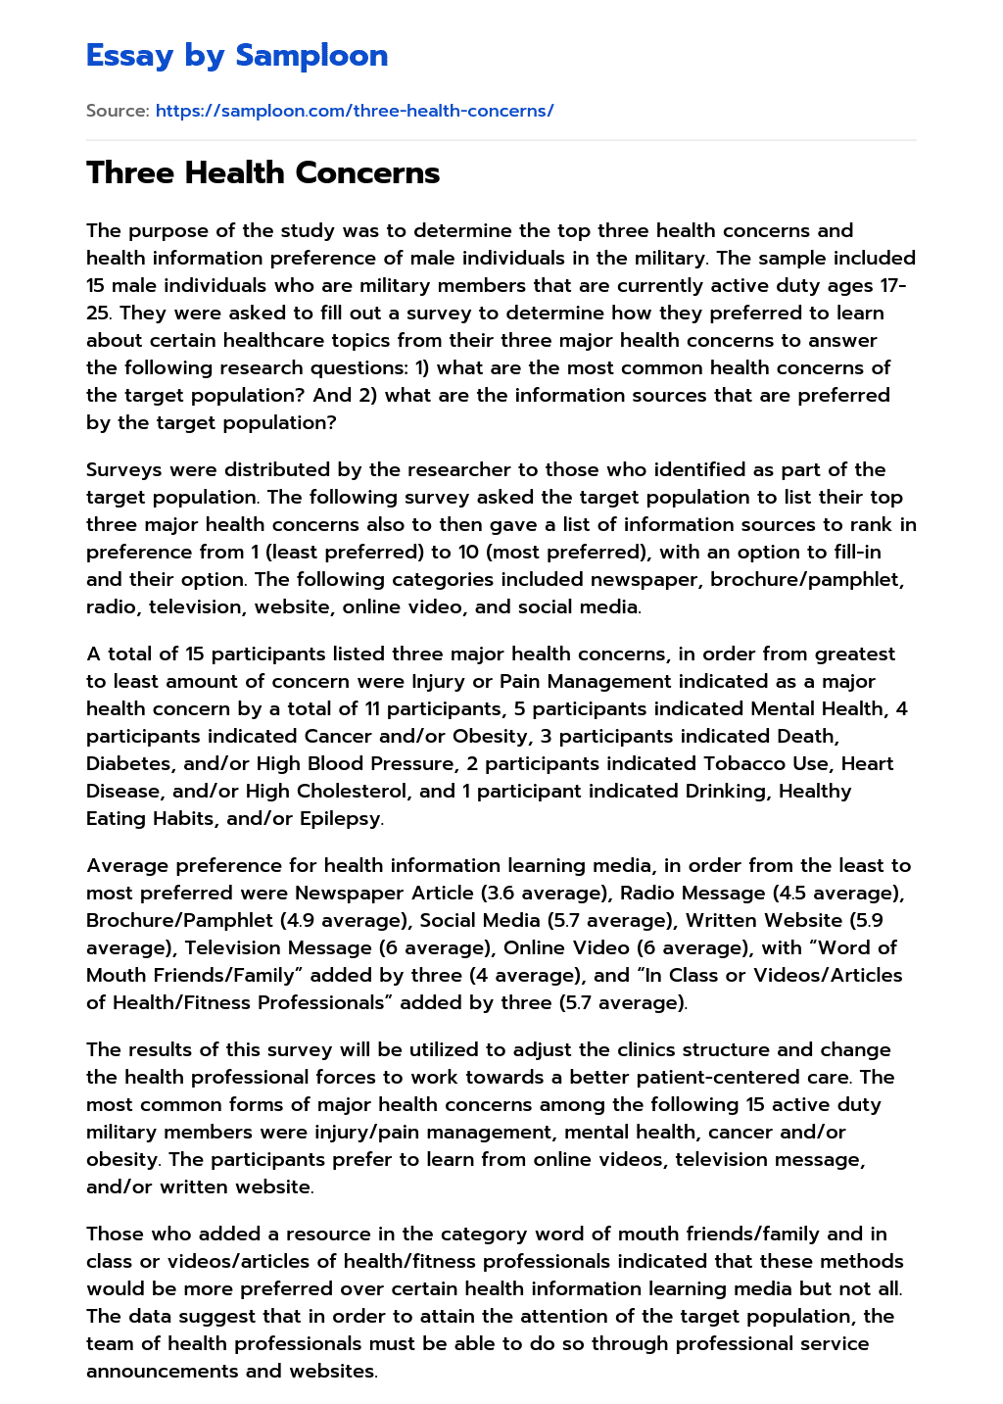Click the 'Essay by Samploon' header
pyautogui.click(x=237, y=56)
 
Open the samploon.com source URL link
pyautogui.click(x=355, y=111)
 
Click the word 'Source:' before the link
pyautogui.click(x=118, y=111)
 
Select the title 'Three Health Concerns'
pyautogui.click(x=263, y=173)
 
